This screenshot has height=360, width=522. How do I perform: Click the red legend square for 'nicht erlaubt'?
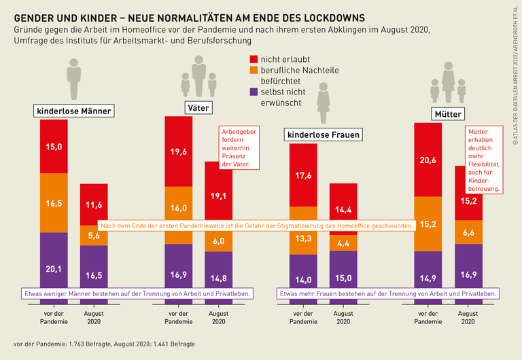pos(255,60)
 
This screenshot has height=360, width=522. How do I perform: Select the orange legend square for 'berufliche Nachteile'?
pos(255,71)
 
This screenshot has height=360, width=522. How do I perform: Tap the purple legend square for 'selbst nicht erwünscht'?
pos(255,92)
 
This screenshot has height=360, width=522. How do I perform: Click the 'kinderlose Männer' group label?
pos(73,111)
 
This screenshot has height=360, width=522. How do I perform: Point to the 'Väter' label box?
pos(198,107)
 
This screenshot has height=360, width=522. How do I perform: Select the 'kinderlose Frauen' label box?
pos(323,135)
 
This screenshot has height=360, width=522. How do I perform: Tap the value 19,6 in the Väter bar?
pos(178,151)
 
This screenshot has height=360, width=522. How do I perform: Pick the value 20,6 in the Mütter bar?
pos(428,160)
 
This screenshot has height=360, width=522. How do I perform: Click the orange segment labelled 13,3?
pos(303,238)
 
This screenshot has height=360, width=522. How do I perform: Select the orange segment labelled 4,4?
pos(343,242)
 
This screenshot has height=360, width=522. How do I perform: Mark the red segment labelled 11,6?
pos(94,204)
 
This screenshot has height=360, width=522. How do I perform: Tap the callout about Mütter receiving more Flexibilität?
pos(483,160)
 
